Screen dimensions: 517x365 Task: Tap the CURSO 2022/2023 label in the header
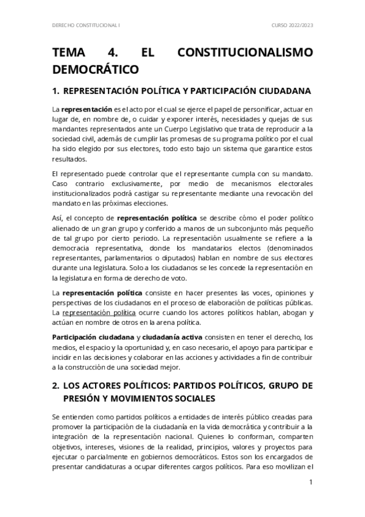(292, 26)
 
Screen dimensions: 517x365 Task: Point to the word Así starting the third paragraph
(58, 218)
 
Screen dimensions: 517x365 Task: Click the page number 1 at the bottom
(311, 482)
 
